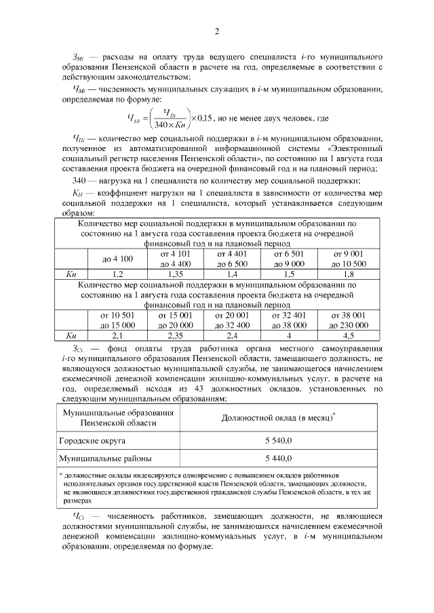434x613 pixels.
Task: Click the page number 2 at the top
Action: [x=217, y=32]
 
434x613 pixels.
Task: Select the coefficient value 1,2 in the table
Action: [x=117, y=274]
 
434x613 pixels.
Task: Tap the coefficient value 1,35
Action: [x=175, y=274]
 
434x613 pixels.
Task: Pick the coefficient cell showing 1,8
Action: [x=349, y=274]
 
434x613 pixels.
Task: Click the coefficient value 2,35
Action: [x=175, y=335]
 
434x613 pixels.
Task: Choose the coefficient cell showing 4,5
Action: [x=349, y=335]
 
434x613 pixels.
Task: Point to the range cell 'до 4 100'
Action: [x=117, y=259]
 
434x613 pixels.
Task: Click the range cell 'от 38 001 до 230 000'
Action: [x=349, y=320]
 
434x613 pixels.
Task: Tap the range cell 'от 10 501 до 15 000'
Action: [x=117, y=320]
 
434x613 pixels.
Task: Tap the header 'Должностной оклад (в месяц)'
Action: [x=279, y=417]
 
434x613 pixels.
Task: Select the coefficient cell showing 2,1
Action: [x=117, y=335]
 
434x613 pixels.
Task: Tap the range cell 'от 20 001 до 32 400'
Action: [x=233, y=320]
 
